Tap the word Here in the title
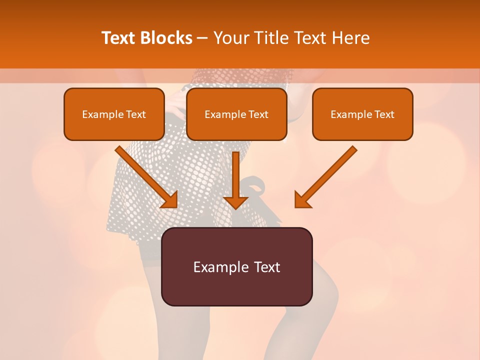point(350,38)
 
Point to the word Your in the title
point(229,38)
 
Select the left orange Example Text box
point(114,114)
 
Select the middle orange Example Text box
point(236,114)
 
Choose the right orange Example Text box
point(362,114)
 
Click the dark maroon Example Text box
point(236,266)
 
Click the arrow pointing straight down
point(235,180)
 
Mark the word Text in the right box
point(384,114)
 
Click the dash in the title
point(203,38)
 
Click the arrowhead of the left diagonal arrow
point(170,200)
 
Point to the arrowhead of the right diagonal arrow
point(302,200)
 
